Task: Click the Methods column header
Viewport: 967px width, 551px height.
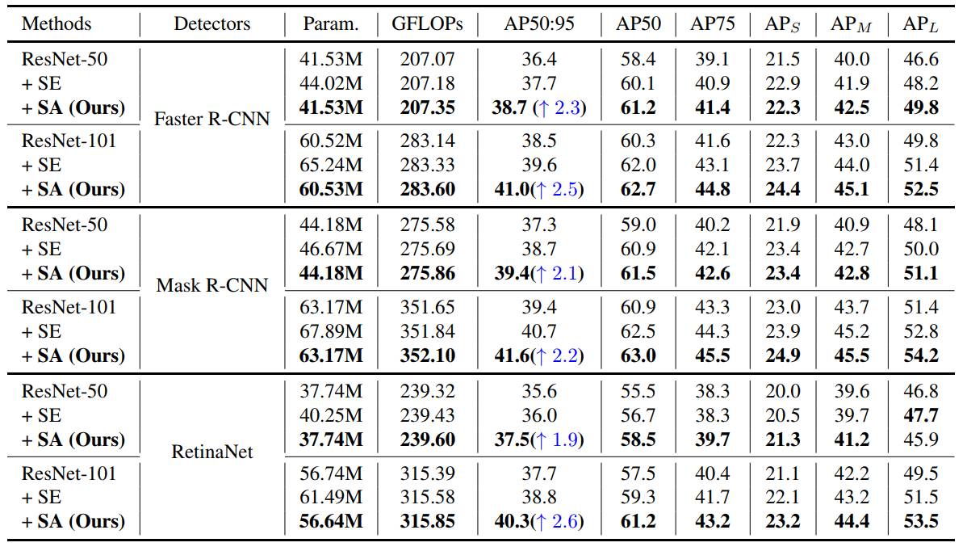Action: (x=57, y=23)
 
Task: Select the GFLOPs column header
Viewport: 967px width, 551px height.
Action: (x=427, y=23)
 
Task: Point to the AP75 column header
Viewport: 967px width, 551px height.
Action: (x=712, y=23)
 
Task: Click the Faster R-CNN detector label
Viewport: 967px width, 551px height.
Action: (x=212, y=120)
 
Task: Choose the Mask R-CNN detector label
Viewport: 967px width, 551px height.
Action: (x=212, y=285)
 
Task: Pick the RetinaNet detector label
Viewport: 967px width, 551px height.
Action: (x=212, y=452)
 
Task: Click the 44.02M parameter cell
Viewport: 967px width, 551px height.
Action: (x=331, y=83)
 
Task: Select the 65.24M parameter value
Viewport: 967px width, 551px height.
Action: (x=331, y=166)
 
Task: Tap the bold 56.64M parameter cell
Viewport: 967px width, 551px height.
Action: (x=331, y=521)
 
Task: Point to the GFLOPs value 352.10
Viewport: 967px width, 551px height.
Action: (x=427, y=355)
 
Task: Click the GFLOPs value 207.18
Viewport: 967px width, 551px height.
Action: (x=427, y=83)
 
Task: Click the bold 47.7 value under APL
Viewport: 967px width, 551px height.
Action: (x=922, y=415)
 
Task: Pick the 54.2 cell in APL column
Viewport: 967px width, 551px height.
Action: (x=922, y=355)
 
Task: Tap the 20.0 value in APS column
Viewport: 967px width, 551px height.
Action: (x=782, y=391)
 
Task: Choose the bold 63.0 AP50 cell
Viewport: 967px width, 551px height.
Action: (x=639, y=355)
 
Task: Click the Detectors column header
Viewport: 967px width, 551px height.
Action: (x=212, y=23)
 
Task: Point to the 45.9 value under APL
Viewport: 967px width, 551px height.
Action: (x=922, y=440)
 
